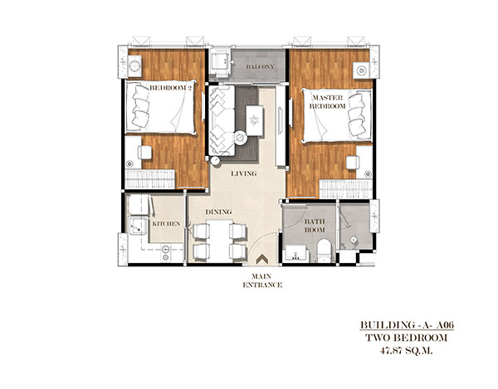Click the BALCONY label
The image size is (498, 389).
pyautogui.click(x=260, y=67)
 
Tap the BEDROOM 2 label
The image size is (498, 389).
pyautogui.click(x=170, y=88)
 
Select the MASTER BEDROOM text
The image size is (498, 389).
pyautogui.click(x=328, y=102)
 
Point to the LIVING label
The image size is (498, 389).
pyautogui.click(x=243, y=173)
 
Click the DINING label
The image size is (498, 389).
pyautogui.click(x=218, y=212)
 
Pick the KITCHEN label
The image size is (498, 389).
pyautogui.click(x=166, y=224)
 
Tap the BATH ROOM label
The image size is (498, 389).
pyautogui.click(x=315, y=226)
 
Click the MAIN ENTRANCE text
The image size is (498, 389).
pyautogui.click(x=262, y=281)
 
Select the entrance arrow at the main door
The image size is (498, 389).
pyautogui.click(x=262, y=258)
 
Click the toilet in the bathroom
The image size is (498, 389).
pyautogui.click(x=325, y=250)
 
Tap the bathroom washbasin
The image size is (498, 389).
pyautogui.click(x=296, y=253)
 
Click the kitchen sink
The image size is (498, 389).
pyautogui.click(x=138, y=226)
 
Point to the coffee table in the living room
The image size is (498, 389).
pyautogui.click(x=255, y=120)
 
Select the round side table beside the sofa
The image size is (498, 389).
pyautogui.click(x=240, y=138)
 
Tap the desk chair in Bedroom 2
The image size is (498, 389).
pyautogui.click(x=144, y=153)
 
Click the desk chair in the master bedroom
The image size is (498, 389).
pyautogui.click(x=353, y=163)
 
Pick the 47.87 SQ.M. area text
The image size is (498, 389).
pyautogui.click(x=407, y=351)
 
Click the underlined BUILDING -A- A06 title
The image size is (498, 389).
pyautogui.click(x=407, y=325)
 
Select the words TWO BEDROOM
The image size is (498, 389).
pyautogui.click(x=407, y=338)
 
